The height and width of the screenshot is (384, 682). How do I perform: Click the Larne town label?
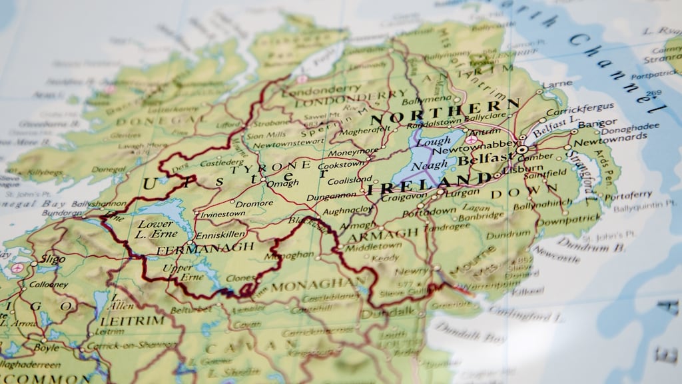coord(557,85)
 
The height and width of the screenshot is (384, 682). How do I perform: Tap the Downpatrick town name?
coord(569,221)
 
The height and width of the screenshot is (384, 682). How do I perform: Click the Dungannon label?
coord(331,195)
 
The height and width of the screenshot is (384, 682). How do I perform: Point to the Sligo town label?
coord(53,259)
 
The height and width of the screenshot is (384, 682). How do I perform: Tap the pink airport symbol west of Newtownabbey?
coord(471,140)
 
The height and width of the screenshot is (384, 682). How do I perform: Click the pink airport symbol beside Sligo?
coord(17,268)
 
